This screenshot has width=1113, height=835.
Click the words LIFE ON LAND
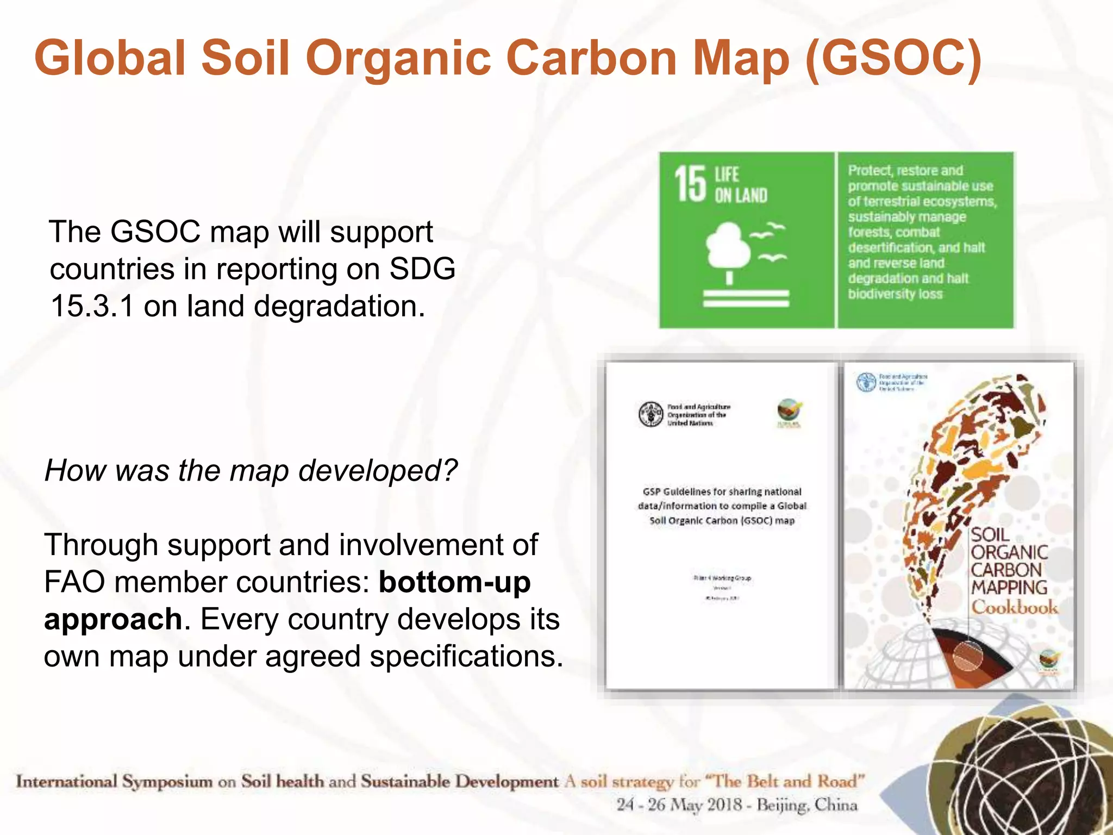[x=740, y=185]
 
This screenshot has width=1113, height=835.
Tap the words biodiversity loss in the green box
[x=895, y=294]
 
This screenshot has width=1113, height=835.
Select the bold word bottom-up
[x=454, y=582]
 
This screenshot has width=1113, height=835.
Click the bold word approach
[x=113, y=619]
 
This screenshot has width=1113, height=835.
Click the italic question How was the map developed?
[x=251, y=471]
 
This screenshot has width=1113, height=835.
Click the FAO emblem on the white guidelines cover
[x=651, y=414]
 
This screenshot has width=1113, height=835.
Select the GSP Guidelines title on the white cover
[x=722, y=506]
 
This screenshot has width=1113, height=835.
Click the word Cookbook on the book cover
[x=1014, y=607]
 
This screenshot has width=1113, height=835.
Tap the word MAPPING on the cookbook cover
[x=1009, y=588]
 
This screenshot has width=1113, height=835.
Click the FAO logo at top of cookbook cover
[x=866, y=382]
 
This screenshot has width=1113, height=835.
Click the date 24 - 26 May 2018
[x=679, y=805]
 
